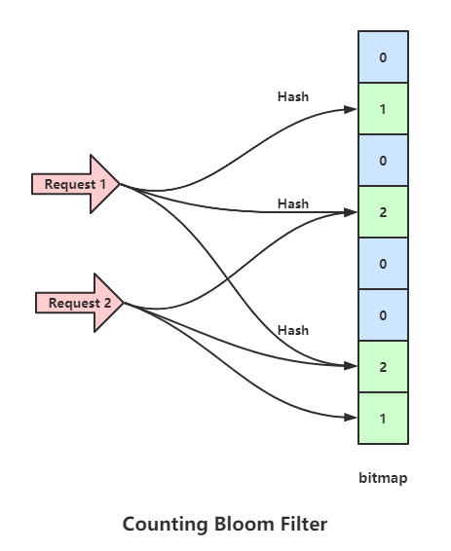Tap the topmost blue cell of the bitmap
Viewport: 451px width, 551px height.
383,57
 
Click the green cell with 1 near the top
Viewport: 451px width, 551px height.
383,109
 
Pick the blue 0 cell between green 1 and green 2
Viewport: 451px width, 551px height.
383,160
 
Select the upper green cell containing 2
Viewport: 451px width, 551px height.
383,211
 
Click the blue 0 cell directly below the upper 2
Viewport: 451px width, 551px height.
383,263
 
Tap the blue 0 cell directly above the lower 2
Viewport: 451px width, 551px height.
383,314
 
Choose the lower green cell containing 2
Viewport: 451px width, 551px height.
383,366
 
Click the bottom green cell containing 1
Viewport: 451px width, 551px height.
383,418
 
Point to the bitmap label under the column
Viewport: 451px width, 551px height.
383,478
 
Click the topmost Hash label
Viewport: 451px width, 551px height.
292,97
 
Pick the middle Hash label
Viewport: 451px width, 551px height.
292,203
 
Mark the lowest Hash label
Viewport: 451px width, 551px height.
292,331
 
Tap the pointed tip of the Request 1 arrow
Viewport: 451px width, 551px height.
119,183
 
